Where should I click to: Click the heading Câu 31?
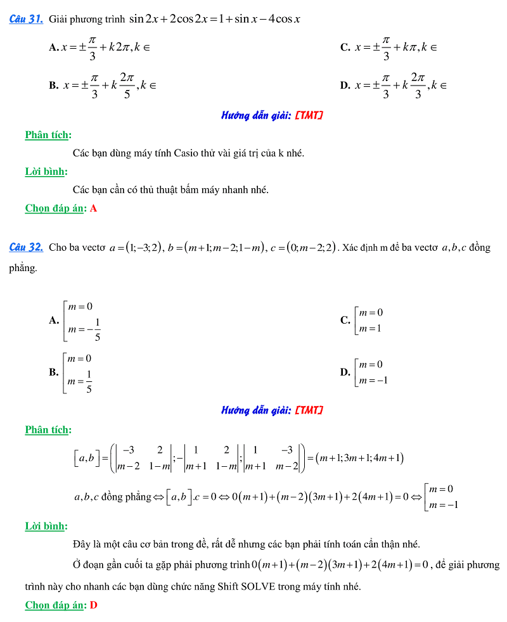[x=26, y=19]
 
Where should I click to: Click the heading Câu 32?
[x=26, y=247]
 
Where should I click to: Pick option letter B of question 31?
[x=53, y=86]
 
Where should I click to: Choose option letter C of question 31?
[x=345, y=48]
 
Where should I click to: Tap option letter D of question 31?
[x=345, y=86]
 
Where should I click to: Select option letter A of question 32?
[x=53, y=321]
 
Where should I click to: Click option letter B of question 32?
[x=53, y=372]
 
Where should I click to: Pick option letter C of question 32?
[x=345, y=321]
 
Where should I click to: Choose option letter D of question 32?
[x=345, y=372]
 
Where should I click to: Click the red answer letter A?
[x=94, y=208]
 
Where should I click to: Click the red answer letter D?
[x=94, y=606]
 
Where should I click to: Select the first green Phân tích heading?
[x=48, y=135]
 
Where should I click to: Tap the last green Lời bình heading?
[x=46, y=526]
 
